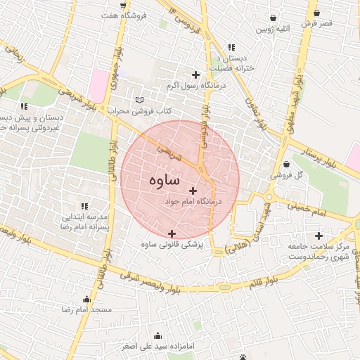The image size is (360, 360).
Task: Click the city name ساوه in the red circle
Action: pos(165,181)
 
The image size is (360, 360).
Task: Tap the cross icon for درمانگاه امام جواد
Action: pos(193,191)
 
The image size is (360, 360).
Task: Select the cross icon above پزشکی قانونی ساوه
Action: pos(172,233)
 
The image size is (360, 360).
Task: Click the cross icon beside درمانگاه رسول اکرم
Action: pos(195,75)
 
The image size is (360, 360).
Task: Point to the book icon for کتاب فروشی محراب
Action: pos(139,101)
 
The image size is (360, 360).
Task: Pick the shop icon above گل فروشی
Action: pos(286,165)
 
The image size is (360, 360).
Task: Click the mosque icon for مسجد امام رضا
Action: pos(87,298)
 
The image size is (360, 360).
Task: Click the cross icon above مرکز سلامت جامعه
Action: pos(320,236)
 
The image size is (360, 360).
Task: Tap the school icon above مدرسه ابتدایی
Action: pos(84,205)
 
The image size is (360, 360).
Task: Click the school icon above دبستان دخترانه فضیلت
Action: pos(231,48)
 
